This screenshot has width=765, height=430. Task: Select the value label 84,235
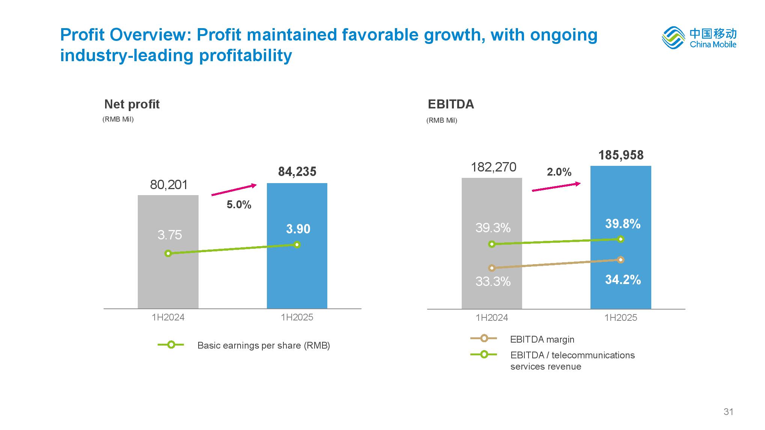[x=297, y=171]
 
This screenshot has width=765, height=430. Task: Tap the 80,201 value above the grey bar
[x=169, y=185]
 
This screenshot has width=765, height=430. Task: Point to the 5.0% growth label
[x=239, y=204]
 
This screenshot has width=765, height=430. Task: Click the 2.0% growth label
[x=559, y=172]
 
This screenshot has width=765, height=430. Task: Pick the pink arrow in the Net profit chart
[x=234, y=189]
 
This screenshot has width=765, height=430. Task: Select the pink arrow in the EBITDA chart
[x=556, y=187]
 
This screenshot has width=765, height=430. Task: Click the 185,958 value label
[x=621, y=155]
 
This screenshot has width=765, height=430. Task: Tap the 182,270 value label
[x=494, y=167]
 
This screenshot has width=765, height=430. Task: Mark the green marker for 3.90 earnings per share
[x=297, y=245]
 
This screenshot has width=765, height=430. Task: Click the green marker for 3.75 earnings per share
[x=168, y=253]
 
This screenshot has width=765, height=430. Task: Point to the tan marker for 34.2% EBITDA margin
[x=621, y=260]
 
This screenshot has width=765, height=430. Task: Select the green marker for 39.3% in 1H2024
[x=492, y=244]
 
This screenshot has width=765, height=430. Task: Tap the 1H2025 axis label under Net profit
[x=297, y=317]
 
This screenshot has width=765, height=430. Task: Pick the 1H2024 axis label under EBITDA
[x=492, y=318]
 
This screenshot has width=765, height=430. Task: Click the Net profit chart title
[x=132, y=104]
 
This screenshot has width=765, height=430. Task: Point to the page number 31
[x=728, y=412]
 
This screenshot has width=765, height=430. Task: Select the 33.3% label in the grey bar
[x=493, y=281]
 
